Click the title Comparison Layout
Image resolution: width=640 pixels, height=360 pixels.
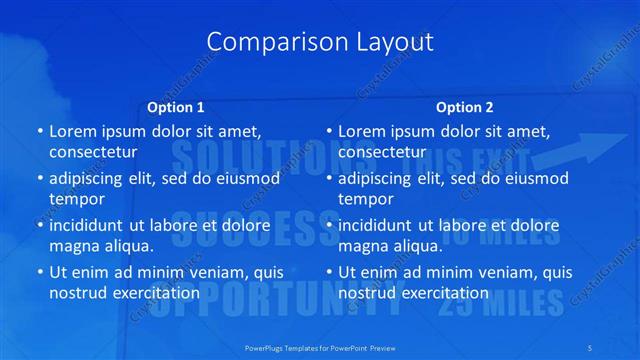pos(320,42)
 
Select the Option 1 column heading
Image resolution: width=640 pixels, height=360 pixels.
pos(176,107)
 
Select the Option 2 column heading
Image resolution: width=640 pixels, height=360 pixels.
pos(464,107)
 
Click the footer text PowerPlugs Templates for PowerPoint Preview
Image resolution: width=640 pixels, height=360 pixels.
pos(320,346)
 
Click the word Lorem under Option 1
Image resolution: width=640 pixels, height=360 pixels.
pos(73,131)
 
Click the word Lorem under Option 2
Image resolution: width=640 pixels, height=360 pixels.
pos(362,131)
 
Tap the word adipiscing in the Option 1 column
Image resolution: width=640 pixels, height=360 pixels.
pos(90,178)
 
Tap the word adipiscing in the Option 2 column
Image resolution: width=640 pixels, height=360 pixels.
pos(379,178)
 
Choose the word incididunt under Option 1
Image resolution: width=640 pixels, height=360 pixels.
pos(91,225)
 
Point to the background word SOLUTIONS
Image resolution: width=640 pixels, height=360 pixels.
pos(240,155)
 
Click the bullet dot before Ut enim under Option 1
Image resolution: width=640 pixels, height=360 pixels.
pos(40,272)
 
